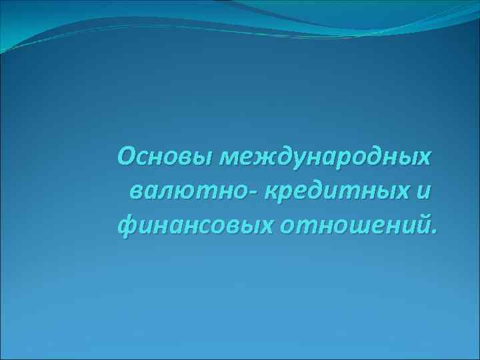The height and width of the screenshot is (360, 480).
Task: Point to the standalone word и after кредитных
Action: point(425,193)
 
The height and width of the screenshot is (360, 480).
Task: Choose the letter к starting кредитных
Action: point(271,193)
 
